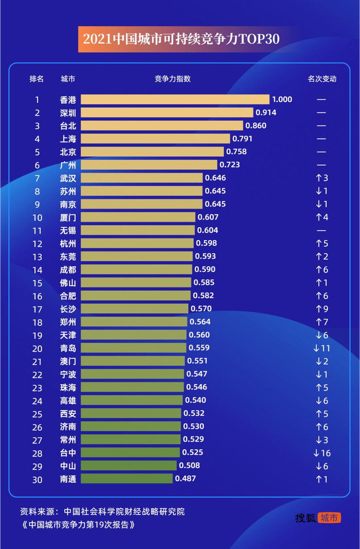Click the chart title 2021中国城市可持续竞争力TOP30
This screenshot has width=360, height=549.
point(181,40)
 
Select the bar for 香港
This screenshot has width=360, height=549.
point(175,99)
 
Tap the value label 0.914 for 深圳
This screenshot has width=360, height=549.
point(266,113)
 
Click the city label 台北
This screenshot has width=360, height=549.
point(68,125)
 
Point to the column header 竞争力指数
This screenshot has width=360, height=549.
point(172,79)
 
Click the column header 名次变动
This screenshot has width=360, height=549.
point(322,79)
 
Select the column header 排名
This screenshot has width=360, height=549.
point(37,79)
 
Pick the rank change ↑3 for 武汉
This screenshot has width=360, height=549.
point(322,178)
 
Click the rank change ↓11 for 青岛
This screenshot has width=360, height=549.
point(322,348)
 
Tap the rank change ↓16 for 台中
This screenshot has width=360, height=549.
point(322,453)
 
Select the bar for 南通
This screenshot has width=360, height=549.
point(127,479)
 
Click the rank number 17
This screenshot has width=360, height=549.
point(37,309)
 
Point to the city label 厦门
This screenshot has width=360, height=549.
point(68,217)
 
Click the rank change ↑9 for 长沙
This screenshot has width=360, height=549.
point(322,309)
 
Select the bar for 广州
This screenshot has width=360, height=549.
point(149,164)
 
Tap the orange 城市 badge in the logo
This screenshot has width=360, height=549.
point(329,518)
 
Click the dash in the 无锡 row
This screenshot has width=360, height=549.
point(322,230)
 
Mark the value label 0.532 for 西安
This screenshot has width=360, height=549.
point(194,413)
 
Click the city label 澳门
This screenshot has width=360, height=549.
point(68,361)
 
